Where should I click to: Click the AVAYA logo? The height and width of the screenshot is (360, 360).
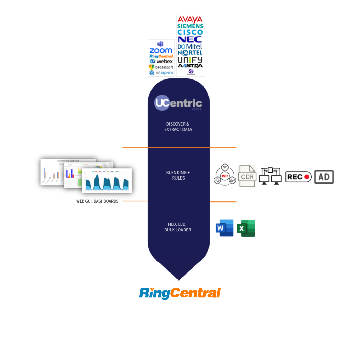[190, 19]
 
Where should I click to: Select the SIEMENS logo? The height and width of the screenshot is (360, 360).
[190, 26]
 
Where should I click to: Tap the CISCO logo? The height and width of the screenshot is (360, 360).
[190, 32]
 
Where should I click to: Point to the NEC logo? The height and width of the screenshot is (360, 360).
[190, 39]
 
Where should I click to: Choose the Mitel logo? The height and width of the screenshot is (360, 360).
[190, 46]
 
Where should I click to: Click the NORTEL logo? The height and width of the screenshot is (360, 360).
[190, 53]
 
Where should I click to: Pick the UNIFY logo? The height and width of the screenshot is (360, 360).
[190, 59]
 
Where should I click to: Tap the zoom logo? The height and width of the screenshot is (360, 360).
[161, 51]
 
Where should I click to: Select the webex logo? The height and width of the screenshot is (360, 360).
[161, 61]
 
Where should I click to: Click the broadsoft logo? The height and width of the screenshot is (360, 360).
[161, 67]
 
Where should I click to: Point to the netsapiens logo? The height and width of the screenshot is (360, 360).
[161, 73]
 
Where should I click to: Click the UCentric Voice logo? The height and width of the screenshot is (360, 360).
[179, 103]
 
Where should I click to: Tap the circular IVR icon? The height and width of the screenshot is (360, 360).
[224, 175]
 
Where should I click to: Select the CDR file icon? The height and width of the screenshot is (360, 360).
[247, 176]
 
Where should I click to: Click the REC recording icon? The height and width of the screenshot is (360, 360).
[298, 177]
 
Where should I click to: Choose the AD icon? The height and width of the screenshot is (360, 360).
[324, 177]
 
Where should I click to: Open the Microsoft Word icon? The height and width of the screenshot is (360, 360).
[224, 228]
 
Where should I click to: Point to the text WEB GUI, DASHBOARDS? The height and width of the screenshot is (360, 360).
[97, 201]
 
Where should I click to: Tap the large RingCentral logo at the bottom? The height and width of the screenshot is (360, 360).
[180, 293]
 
